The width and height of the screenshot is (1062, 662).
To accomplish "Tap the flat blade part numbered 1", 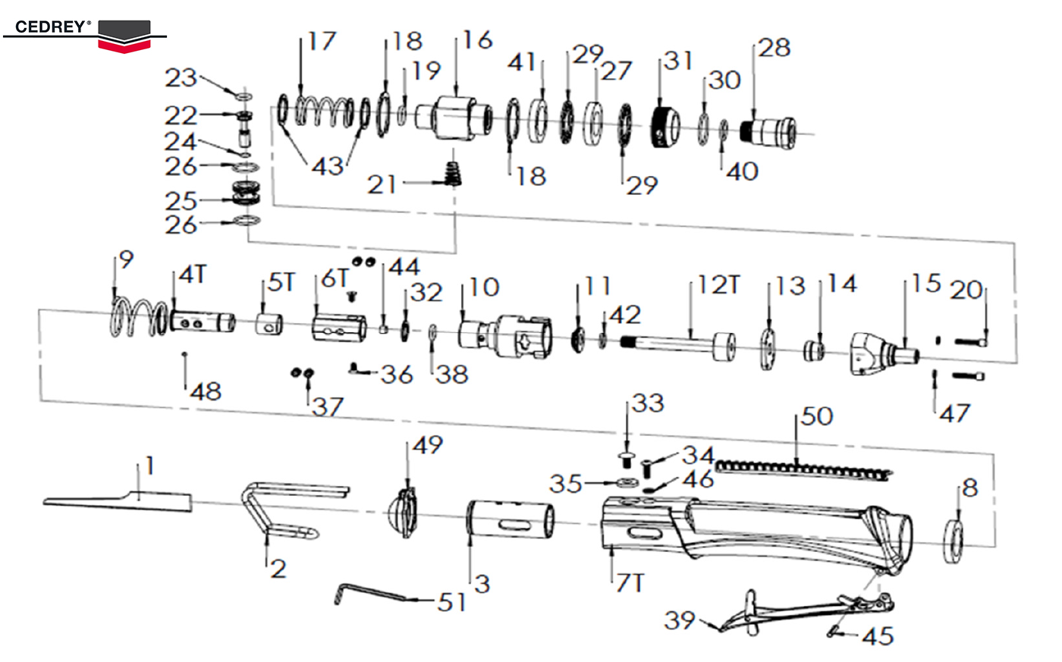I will click(121, 500).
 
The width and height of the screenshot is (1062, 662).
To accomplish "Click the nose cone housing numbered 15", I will click(880, 351).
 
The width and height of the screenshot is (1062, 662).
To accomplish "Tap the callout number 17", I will click(322, 41).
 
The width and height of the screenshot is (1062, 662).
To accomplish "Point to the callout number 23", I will click(182, 77).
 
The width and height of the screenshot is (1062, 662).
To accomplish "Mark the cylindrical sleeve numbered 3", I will click(510, 522).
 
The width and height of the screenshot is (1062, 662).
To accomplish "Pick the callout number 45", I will click(878, 635).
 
